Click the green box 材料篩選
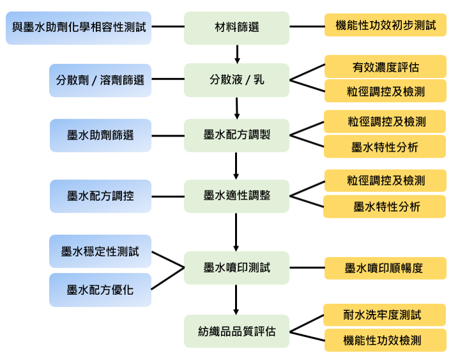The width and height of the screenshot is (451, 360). pos(236,28)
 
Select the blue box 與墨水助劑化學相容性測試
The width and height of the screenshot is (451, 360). pos(79,28)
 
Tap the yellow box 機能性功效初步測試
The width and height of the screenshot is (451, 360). pos(385,26)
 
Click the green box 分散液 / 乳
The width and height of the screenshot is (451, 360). pos(236,80)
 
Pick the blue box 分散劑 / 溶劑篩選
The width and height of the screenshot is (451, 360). pos(100,80)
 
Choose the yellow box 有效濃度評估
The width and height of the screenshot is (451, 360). pos(385,66)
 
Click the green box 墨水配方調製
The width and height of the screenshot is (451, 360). pos(236,135)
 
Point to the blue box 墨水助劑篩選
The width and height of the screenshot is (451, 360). pos(100,135)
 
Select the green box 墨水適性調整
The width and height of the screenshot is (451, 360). pos(236,196)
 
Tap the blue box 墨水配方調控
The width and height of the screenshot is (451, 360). pos(100,196)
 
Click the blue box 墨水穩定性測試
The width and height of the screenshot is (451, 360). pos(100,251)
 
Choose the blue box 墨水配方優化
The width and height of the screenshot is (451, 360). pos(100,290)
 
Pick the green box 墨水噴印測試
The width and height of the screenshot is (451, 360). pos(236,268)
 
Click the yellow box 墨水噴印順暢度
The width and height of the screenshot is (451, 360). pos(385,268)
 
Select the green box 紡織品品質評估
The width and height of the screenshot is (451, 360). pos(236,331)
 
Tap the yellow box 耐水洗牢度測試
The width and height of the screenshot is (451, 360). pos(385,315)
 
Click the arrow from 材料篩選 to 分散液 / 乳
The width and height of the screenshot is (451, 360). pos(237,53)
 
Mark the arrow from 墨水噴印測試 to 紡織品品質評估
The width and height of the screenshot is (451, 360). pos(236,299)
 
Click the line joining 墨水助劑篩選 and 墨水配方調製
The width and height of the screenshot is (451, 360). pos(168,135)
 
